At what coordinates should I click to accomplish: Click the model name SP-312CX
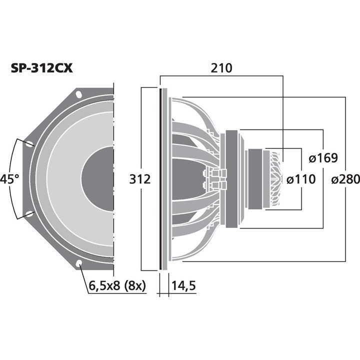point(42,68)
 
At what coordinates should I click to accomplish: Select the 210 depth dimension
point(221,68)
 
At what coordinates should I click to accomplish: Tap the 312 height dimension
point(140,179)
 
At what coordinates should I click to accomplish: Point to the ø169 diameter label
point(323,158)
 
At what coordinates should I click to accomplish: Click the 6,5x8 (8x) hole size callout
point(116,286)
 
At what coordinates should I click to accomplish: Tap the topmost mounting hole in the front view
point(79,94)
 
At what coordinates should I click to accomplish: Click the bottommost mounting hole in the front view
point(79,263)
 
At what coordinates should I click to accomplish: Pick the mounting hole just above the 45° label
point(29,143)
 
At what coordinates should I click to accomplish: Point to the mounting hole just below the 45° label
point(29,214)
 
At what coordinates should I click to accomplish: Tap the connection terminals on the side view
point(215,179)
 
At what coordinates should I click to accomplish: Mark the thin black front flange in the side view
point(162,178)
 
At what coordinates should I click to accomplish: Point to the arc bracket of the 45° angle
point(17,179)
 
